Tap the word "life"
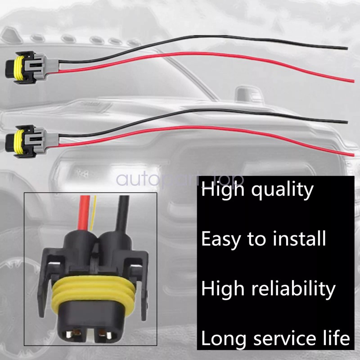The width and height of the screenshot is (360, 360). (335, 337)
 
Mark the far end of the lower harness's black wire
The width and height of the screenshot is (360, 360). (347, 121)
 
